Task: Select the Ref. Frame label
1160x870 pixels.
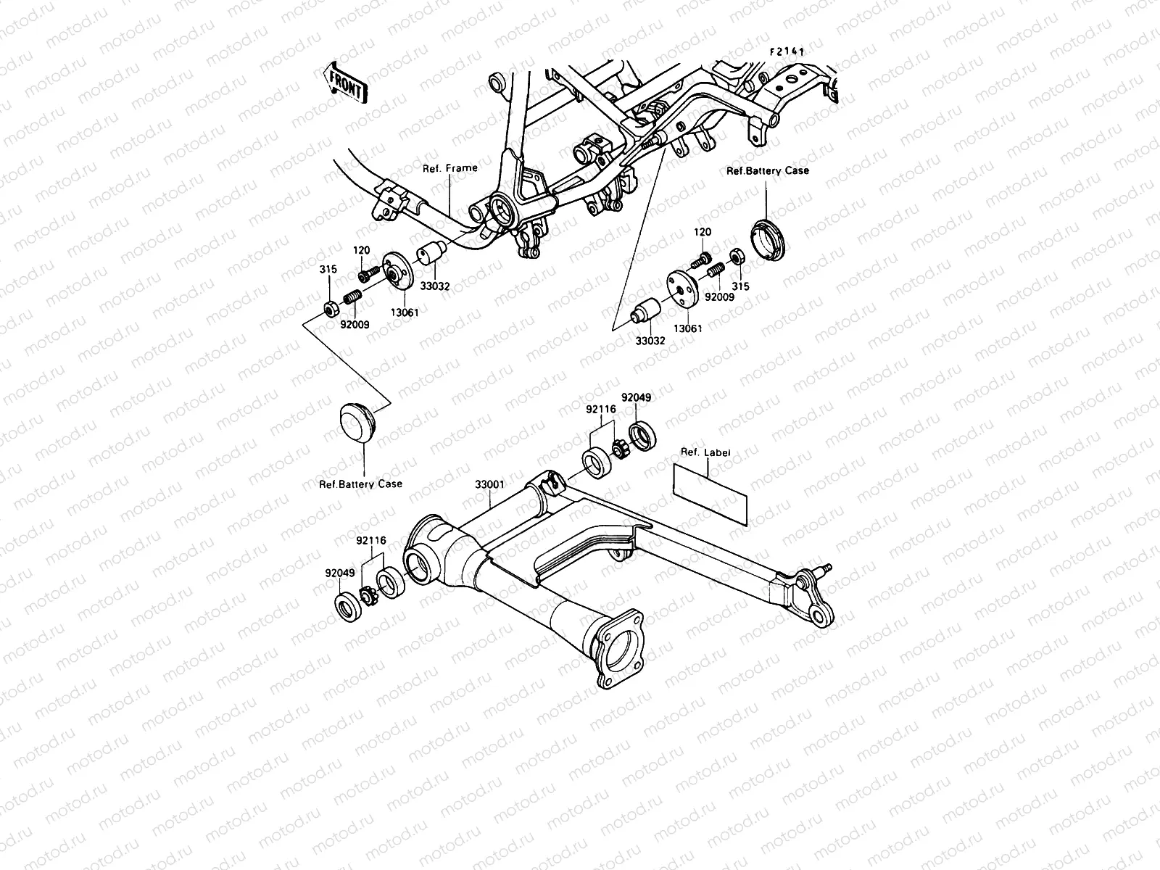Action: [450, 168]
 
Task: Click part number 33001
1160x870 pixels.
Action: [489, 484]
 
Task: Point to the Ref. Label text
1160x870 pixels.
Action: [705, 452]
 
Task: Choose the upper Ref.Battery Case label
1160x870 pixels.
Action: [767, 170]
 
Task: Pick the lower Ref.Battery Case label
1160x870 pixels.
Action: [360, 484]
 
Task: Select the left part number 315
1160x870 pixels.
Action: [328, 270]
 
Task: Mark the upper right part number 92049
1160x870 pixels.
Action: [636, 397]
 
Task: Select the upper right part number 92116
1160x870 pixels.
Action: [601, 410]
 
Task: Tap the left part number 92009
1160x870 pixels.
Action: [355, 325]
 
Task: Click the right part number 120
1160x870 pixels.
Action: [702, 233]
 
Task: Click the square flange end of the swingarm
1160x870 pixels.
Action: [618, 647]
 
